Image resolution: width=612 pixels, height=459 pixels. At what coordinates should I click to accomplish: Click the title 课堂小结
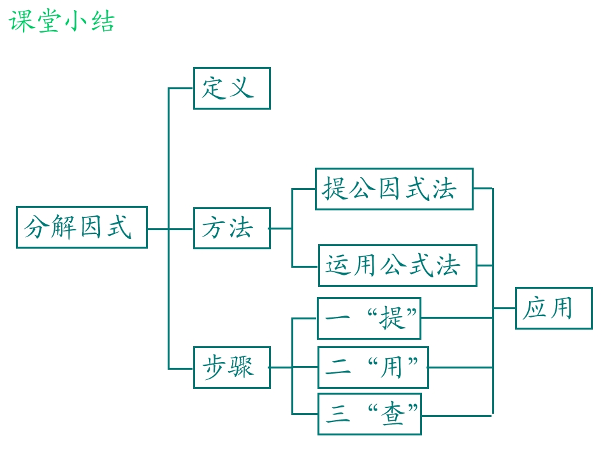(x=62, y=21)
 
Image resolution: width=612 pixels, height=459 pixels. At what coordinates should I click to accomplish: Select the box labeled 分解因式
(x=82, y=227)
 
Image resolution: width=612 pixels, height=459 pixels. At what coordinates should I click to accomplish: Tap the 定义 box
(x=232, y=88)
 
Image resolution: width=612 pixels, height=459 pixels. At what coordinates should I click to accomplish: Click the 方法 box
(x=232, y=228)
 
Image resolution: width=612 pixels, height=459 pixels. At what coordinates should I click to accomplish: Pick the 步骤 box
(x=232, y=367)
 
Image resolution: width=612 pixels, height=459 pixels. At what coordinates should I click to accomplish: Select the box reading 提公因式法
(x=394, y=189)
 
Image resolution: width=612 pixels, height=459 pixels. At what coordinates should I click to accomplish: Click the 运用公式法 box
(x=398, y=265)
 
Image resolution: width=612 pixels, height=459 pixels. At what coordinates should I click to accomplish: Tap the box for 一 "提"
(x=369, y=319)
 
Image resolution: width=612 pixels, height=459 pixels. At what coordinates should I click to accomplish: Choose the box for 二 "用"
(x=373, y=367)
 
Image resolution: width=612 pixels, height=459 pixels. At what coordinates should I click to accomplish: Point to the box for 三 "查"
(x=370, y=414)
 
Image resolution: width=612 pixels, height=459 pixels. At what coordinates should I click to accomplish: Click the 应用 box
(x=554, y=309)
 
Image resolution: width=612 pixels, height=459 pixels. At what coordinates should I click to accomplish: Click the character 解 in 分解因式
(x=63, y=227)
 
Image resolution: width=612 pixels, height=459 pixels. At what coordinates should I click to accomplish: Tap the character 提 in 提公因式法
(x=335, y=189)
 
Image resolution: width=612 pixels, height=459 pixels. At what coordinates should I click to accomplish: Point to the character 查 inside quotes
(x=393, y=414)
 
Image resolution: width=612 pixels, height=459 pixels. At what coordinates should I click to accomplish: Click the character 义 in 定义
(x=242, y=87)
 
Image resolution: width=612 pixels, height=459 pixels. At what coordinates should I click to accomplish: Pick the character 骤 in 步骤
(x=242, y=367)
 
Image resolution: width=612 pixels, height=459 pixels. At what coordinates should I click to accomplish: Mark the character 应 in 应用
(x=534, y=308)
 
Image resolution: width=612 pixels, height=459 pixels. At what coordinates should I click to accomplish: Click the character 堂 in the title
(x=49, y=21)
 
